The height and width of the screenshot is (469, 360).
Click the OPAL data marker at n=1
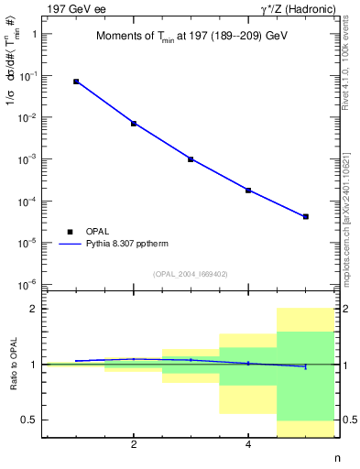pyautogui.click(x=76, y=82)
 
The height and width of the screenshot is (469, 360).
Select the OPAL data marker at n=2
pyautogui.click(x=134, y=123)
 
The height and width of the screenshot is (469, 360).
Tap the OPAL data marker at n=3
pyautogui.click(x=191, y=158)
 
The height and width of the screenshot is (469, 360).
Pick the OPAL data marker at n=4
pyautogui.click(x=248, y=190)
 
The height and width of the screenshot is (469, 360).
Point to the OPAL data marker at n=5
pyautogui.click(x=305, y=216)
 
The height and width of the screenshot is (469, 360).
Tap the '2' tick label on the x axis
pyautogui.click(x=134, y=444)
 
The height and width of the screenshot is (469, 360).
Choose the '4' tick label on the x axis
pyautogui.click(x=248, y=444)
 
